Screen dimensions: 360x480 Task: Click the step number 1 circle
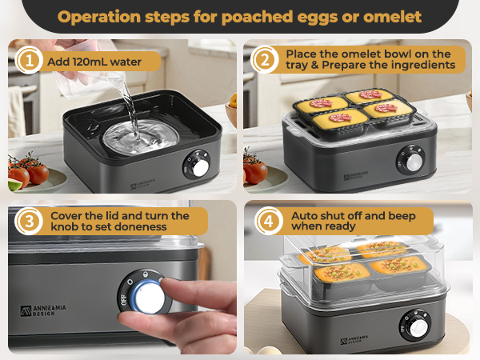[29, 62]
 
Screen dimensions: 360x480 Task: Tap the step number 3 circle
[29, 222]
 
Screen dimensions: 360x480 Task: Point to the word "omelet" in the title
[391, 16]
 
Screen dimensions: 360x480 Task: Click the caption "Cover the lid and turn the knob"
[120, 222]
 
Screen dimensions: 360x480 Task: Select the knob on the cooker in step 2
[414, 161]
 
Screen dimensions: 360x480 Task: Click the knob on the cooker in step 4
[417, 328]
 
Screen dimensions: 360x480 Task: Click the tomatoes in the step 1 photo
[29, 170]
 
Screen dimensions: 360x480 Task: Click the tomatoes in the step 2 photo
[255, 170]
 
